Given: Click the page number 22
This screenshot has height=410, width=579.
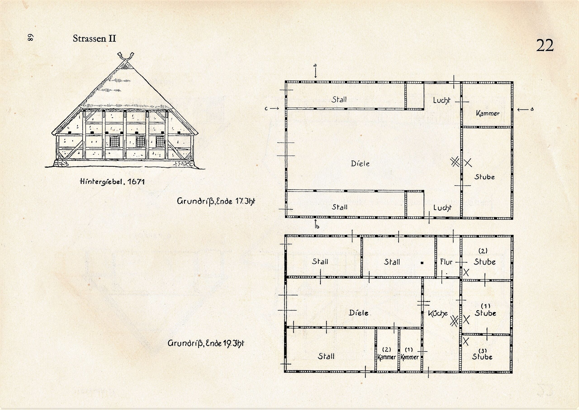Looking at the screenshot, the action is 545,45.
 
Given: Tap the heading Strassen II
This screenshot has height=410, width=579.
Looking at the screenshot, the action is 94,39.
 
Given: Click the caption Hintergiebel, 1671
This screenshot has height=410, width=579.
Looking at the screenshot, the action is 112,181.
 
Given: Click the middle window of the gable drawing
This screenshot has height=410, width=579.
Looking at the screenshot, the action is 140,141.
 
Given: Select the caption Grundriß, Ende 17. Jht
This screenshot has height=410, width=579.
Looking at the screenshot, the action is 216,201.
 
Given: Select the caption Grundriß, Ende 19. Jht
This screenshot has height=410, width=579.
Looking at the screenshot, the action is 206,343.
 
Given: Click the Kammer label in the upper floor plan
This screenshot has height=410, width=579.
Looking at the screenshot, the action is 488,113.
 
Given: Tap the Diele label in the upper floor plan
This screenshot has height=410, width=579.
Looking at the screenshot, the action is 360,164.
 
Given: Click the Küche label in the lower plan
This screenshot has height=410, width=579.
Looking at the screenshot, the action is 438,314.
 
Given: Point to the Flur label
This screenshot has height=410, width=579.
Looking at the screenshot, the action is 446,262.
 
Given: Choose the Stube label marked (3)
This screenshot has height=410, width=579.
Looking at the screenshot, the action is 482,355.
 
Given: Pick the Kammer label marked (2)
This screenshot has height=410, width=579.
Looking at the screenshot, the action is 387,354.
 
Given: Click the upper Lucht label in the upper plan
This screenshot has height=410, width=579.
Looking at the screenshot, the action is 442,100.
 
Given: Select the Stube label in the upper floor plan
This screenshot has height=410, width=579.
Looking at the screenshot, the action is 484,177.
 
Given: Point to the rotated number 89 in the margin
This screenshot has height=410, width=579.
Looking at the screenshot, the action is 30,37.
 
